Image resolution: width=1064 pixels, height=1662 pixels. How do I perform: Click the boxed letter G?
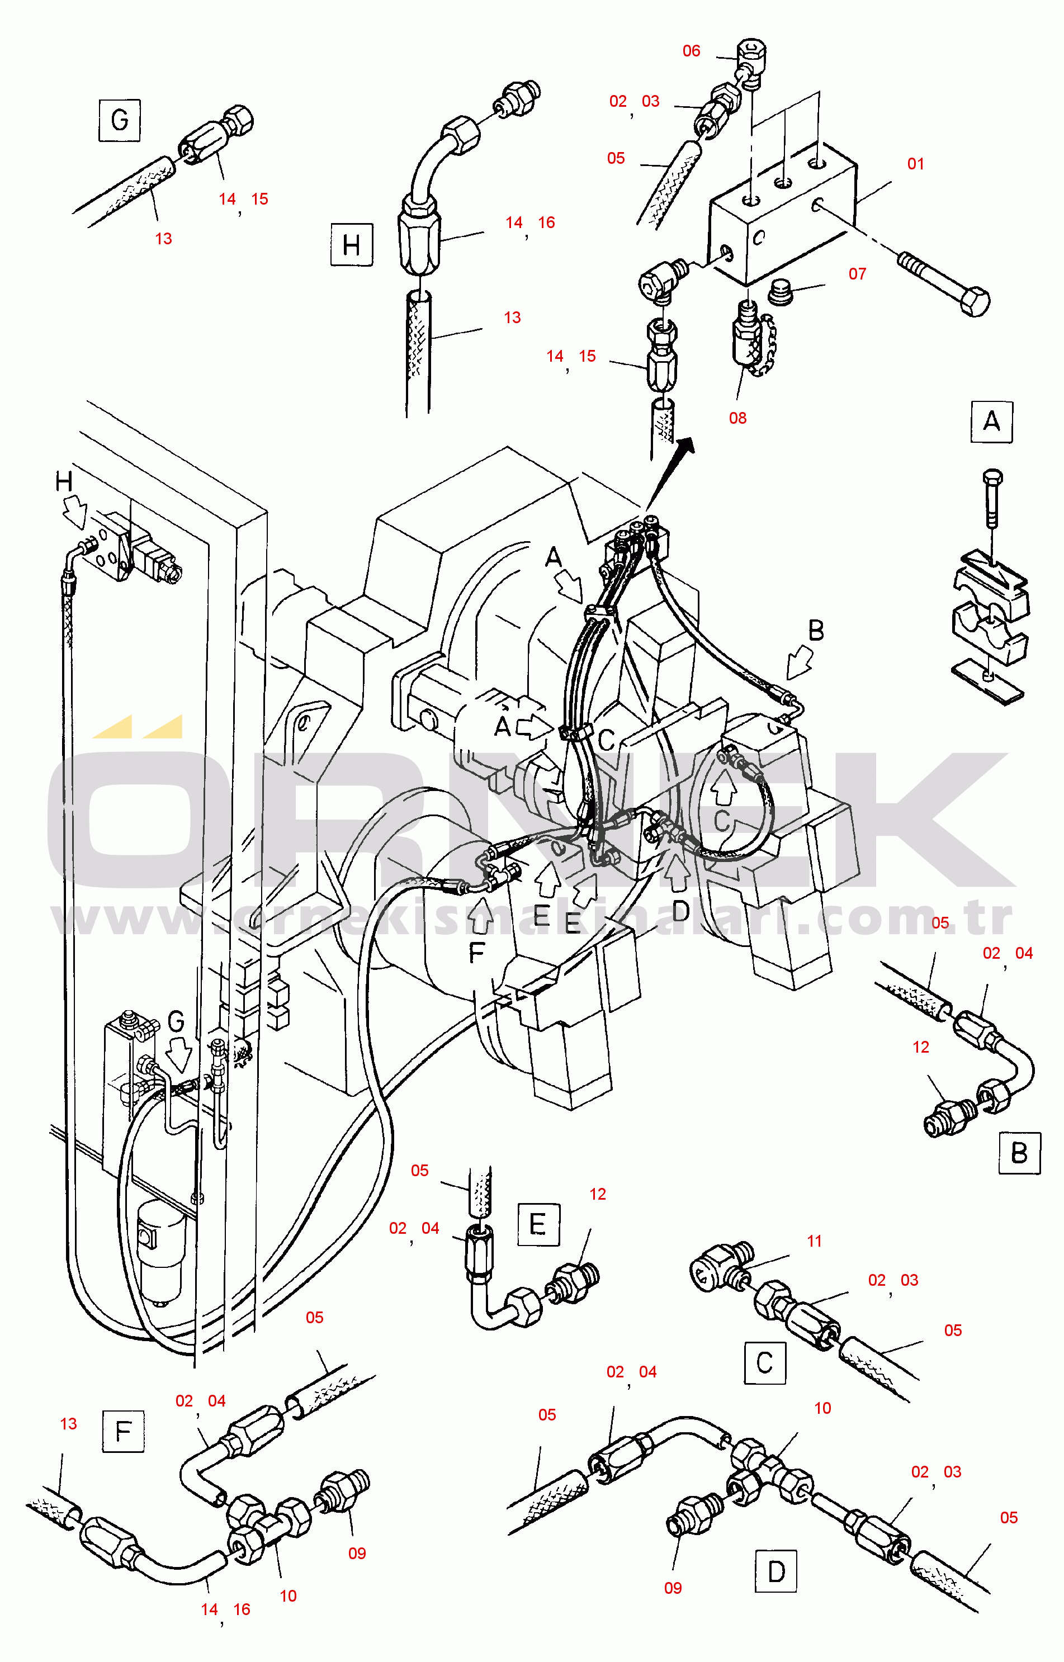pos(120,120)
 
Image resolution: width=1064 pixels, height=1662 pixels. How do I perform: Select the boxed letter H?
pos(352,244)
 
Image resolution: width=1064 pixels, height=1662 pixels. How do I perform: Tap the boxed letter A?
pos(991,422)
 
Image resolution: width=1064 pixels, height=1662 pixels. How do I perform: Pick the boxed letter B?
pos(1019,1153)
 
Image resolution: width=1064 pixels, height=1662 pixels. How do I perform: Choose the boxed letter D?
pos(776,1571)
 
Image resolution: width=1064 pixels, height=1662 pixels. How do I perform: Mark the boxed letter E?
pos(538,1225)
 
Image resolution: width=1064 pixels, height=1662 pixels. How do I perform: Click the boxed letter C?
pos(765,1363)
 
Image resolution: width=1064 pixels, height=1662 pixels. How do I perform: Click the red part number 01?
pos(915,164)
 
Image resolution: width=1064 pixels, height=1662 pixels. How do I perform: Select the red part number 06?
pos(691,50)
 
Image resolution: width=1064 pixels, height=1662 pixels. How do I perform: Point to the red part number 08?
pos(737,418)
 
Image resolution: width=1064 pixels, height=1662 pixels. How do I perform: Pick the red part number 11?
pos(814,1241)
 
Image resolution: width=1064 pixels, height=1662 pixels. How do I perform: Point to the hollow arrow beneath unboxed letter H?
pos(74,513)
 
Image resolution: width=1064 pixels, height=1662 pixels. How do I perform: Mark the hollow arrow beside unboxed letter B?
pos(800,662)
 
